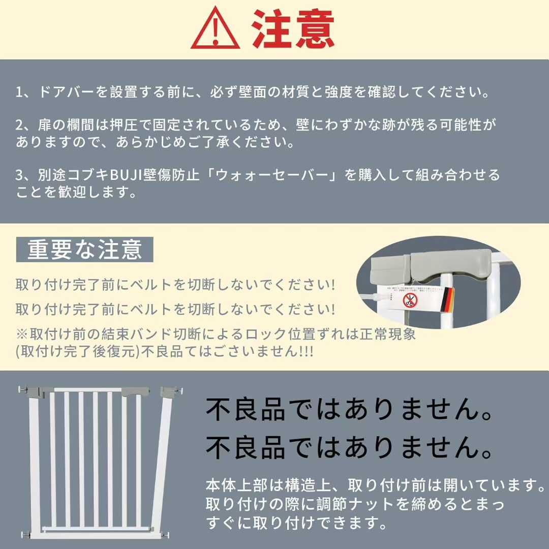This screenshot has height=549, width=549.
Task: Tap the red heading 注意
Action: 293,29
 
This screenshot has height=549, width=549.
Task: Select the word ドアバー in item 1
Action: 67,93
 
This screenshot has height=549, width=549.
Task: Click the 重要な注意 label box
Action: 84,250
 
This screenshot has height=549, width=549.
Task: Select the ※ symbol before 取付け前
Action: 22,334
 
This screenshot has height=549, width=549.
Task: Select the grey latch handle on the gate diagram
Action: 135,391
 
